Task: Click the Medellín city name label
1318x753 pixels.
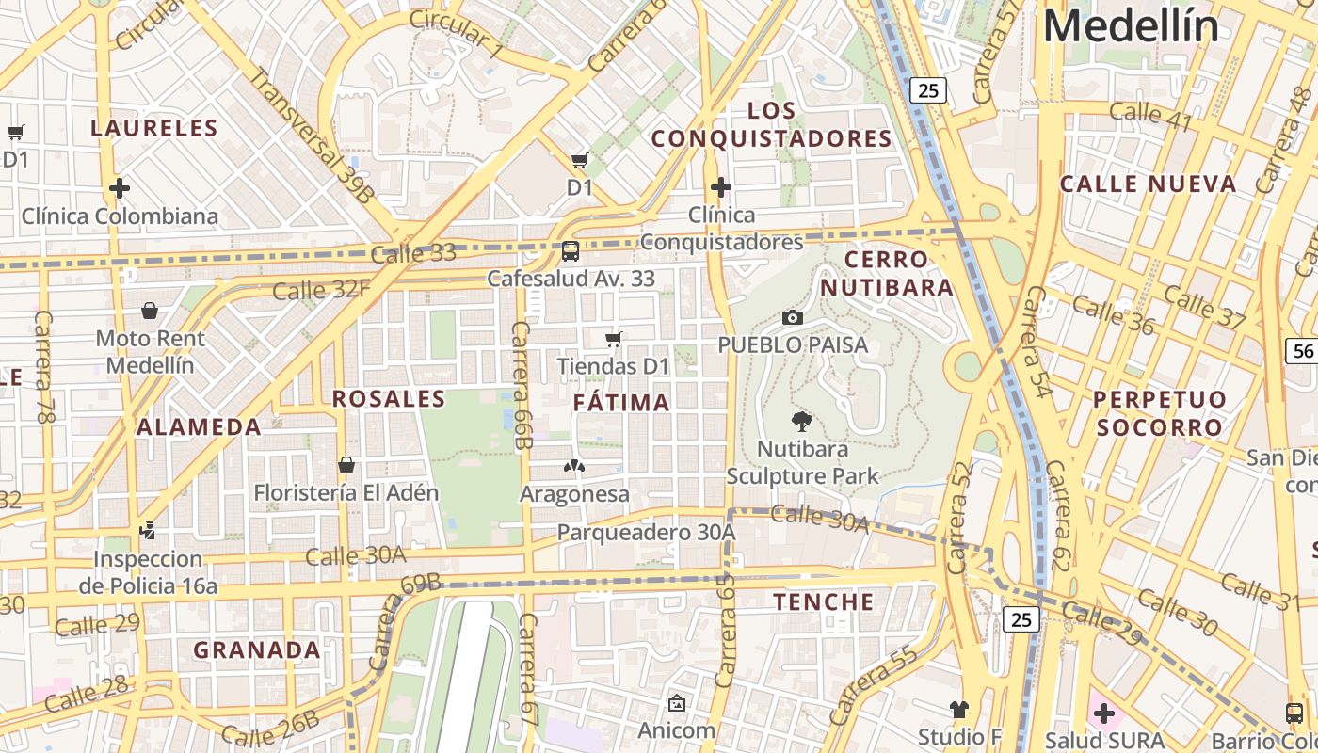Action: pyautogui.click(x=1131, y=25)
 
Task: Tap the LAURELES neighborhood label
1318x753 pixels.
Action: pyautogui.click(x=154, y=128)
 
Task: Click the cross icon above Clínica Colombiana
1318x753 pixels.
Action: pyautogui.click(x=120, y=188)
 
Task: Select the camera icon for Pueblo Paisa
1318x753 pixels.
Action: pyautogui.click(x=793, y=318)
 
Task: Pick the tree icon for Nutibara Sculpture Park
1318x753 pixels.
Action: pyautogui.click(x=802, y=422)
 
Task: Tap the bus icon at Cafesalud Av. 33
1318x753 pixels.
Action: pyautogui.click(x=570, y=251)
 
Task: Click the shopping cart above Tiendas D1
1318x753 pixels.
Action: pyautogui.click(x=614, y=339)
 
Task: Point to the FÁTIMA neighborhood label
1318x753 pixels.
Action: pyautogui.click(x=621, y=403)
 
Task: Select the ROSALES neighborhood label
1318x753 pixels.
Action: pyautogui.click(x=389, y=399)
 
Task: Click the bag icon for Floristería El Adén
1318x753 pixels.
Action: pyautogui.click(x=346, y=465)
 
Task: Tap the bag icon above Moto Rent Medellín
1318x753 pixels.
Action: pyautogui.click(x=150, y=311)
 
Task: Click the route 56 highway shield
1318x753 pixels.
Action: pyautogui.click(x=1303, y=351)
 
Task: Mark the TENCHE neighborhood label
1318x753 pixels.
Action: pyautogui.click(x=824, y=601)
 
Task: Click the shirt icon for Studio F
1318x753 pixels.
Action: pyautogui.click(x=958, y=710)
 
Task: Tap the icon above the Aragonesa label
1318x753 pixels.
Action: pyautogui.click(x=574, y=465)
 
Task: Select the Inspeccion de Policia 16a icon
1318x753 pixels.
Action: pyautogui.click(x=147, y=531)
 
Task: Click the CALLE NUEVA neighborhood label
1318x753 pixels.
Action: pyautogui.click(x=1148, y=184)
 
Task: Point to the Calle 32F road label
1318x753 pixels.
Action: pyautogui.click(x=321, y=289)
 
